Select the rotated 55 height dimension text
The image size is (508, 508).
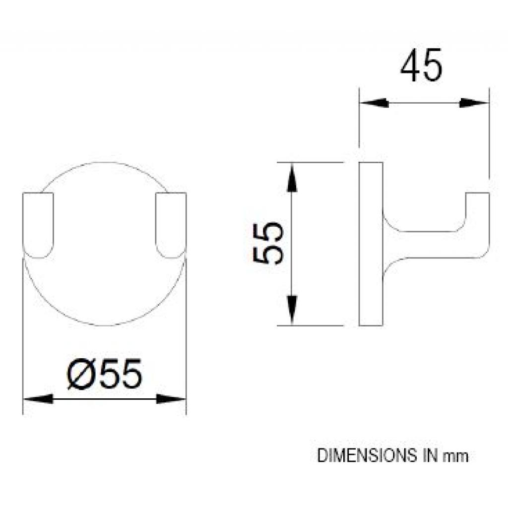(x=268, y=244)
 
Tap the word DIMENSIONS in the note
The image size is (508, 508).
(x=366, y=455)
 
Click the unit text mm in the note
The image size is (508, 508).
(x=455, y=456)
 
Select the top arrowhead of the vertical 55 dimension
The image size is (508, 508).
(x=292, y=177)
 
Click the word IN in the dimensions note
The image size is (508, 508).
(x=425, y=455)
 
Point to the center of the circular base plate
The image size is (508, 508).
(x=105, y=244)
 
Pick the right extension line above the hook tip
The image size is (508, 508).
(x=489, y=139)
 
